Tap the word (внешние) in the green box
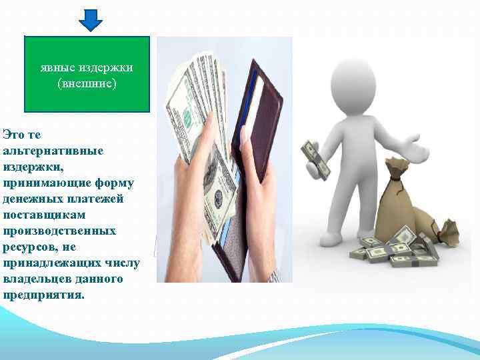87,84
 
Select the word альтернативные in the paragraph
53,151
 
